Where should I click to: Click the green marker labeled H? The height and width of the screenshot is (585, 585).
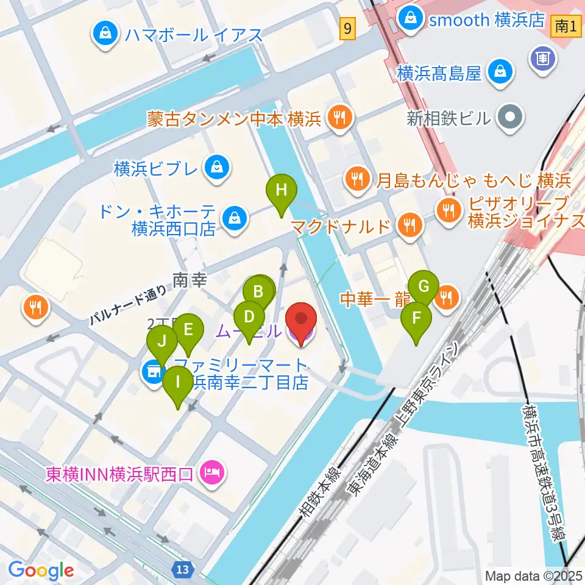tap(281, 190)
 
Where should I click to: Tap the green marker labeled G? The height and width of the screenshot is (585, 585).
tap(427, 285)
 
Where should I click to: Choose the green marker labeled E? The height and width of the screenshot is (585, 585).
tap(188, 330)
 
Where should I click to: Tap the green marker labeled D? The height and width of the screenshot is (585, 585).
tap(249, 317)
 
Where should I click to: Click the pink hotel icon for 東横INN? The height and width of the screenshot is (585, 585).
tap(213, 472)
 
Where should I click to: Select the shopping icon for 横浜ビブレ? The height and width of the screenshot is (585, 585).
tap(217, 166)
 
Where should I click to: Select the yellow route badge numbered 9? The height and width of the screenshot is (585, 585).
tap(347, 28)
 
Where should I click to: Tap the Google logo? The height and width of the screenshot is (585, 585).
tap(41, 570)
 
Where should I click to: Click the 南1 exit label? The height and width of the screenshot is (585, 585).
tap(566, 26)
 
